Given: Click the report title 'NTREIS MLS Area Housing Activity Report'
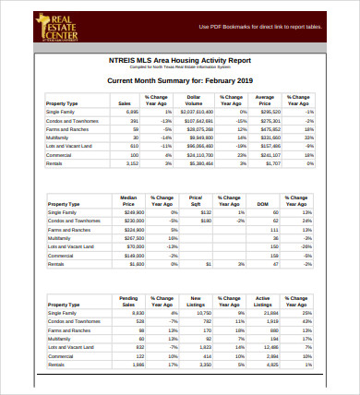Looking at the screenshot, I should tap(179, 60).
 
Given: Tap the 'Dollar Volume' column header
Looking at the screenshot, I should tap(194, 100).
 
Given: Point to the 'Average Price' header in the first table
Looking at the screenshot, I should tap(264, 100).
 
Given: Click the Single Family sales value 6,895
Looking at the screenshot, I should tap(132, 112).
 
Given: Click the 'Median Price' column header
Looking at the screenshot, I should tap(129, 200).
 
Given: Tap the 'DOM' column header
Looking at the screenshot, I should tap(262, 203).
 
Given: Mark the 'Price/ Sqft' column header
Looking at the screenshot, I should tap(195, 200).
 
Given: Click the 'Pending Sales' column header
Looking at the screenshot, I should tap(129, 301).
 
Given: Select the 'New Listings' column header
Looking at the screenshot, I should tap(195, 301).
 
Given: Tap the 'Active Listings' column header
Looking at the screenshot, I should tap(263, 301).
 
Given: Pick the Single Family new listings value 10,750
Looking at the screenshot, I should tap(200, 313).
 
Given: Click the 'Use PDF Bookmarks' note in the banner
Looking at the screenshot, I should tap(260, 27).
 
